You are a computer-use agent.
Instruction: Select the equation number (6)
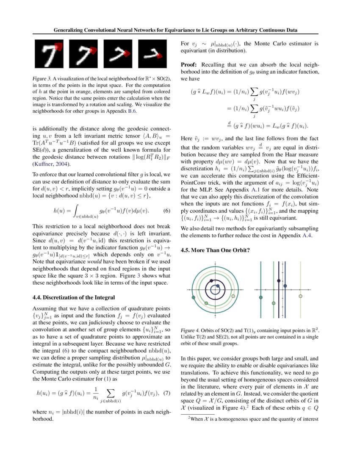click(166, 211)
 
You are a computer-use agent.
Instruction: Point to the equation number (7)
click(166, 393)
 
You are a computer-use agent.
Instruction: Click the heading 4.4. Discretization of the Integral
click(74, 297)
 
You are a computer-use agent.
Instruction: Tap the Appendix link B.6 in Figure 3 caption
click(131, 112)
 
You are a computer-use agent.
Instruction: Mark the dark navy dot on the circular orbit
click(218, 286)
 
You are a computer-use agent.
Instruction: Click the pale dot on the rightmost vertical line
click(301, 296)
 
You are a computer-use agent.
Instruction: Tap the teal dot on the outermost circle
click(194, 298)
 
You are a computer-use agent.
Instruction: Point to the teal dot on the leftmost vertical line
click(261, 298)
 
